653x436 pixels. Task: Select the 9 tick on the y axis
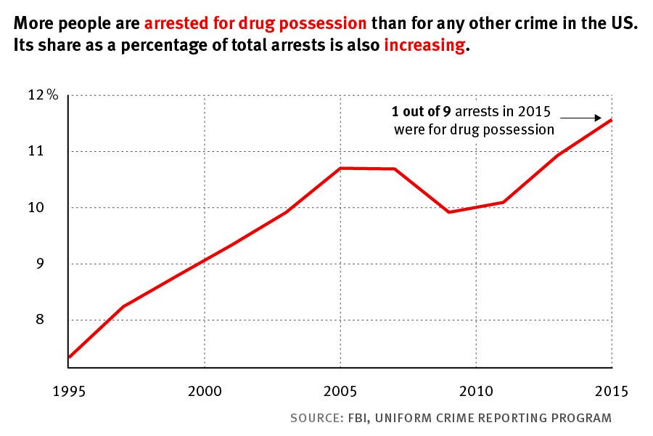pyautogui.click(x=41, y=264)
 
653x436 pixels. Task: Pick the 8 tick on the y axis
pyautogui.click(x=41, y=320)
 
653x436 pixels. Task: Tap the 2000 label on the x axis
pyautogui.click(x=205, y=391)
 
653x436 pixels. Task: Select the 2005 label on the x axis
pyautogui.click(x=340, y=391)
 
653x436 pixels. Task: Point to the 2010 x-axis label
pyautogui.click(x=476, y=391)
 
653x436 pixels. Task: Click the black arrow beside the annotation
pyautogui.click(x=580, y=118)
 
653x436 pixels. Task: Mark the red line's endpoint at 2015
pyautogui.click(x=612, y=120)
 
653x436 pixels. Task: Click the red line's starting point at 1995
pyautogui.click(x=69, y=357)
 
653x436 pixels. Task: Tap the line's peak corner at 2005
pyautogui.click(x=340, y=168)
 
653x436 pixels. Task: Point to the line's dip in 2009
pyautogui.click(x=449, y=211)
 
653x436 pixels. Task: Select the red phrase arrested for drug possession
pyautogui.click(x=255, y=23)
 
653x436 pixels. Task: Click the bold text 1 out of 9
pyautogui.click(x=416, y=113)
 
